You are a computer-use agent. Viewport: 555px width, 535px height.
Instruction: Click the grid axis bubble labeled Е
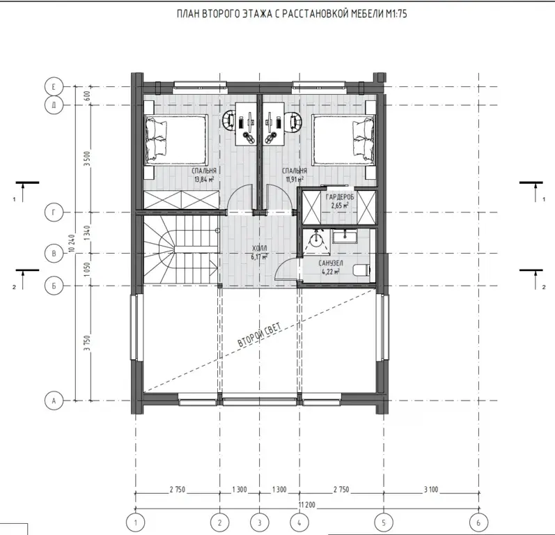pos(54,87)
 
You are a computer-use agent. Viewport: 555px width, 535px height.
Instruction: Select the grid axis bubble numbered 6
pos(478,522)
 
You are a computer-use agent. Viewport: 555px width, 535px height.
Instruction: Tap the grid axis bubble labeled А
pos(54,401)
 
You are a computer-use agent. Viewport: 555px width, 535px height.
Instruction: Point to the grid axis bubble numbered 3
pos(260,522)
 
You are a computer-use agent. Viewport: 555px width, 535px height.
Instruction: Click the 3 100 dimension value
pos(431,490)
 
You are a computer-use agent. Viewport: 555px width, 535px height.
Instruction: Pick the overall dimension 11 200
pos(307,504)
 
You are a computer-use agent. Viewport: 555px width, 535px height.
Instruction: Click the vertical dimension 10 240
pos(72,243)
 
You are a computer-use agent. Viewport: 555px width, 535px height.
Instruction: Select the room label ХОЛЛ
pos(260,249)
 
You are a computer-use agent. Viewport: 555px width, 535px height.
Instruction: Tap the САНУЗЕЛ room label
pos(331,263)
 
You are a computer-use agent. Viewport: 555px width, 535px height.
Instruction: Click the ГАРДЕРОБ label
pos(339,197)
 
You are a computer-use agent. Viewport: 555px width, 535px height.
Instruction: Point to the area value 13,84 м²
pos(204,179)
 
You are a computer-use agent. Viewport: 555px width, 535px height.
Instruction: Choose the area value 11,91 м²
pos(295,179)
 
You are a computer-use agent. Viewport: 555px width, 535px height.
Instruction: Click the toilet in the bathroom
pos(361,270)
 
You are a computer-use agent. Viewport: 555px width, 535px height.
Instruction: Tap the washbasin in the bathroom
pos(345,236)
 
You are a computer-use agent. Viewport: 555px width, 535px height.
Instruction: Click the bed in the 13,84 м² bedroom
pos(175,140)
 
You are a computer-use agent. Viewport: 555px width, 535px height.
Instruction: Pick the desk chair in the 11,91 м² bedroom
pos(295,120)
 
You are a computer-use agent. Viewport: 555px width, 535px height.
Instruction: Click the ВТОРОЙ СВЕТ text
pos(260,334)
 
